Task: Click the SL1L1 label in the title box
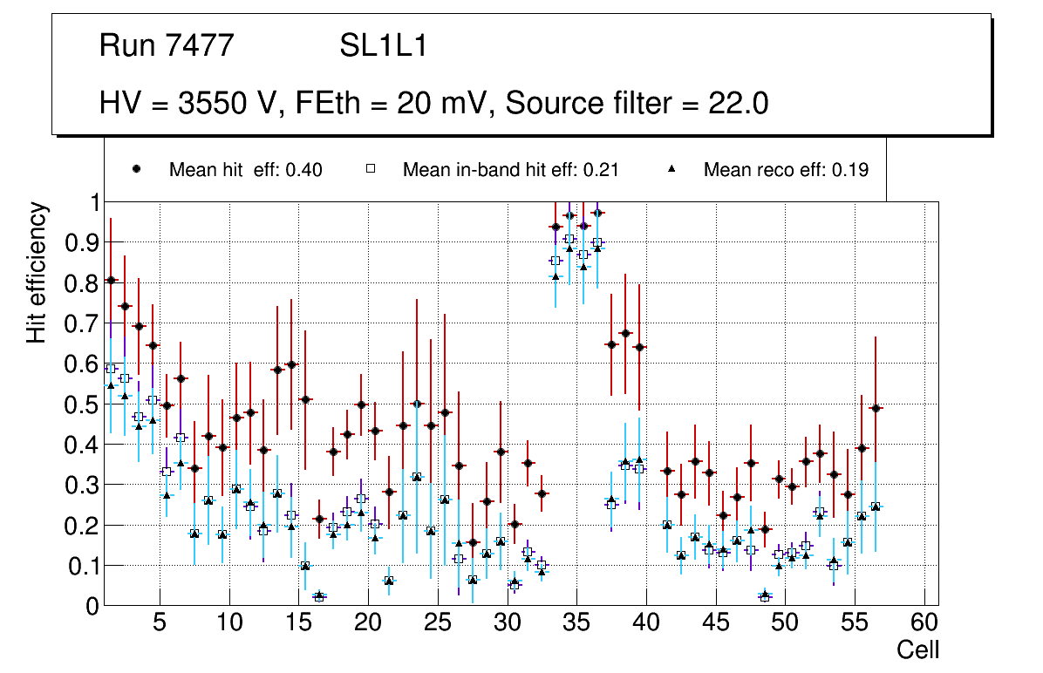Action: click(x=384, y=46)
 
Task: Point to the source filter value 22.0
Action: click(x=739, y=104)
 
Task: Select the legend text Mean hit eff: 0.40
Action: click(x=246, y=170)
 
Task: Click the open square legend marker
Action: click(x=370, y=169)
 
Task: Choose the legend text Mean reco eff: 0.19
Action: click(x=786, y=170)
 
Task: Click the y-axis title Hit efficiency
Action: click(x=37, y=272)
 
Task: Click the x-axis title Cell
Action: click(x=918, y=649)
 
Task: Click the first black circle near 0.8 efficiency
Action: click(x=111, y=280)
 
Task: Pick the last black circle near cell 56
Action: click(x=876, y=408)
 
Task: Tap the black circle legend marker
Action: click(x=136, y=169)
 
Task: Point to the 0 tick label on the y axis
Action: click(x=92, y=606)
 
